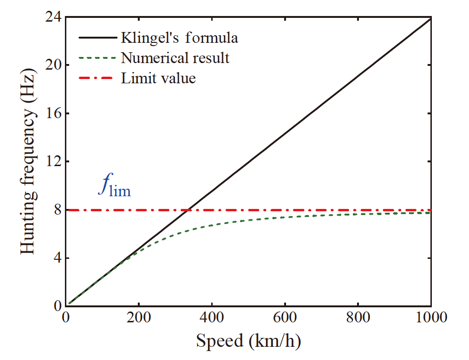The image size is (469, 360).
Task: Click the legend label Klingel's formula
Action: click(179, 38)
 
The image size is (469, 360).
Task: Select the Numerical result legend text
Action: click(175, 58)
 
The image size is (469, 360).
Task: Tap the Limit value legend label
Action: click(158, 78)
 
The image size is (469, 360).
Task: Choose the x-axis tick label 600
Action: click(285, 319)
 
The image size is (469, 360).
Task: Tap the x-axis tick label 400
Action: click(212, 319)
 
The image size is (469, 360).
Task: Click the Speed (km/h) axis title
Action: click(248, 341)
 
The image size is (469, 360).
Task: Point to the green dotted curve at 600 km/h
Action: click(285, 217)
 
